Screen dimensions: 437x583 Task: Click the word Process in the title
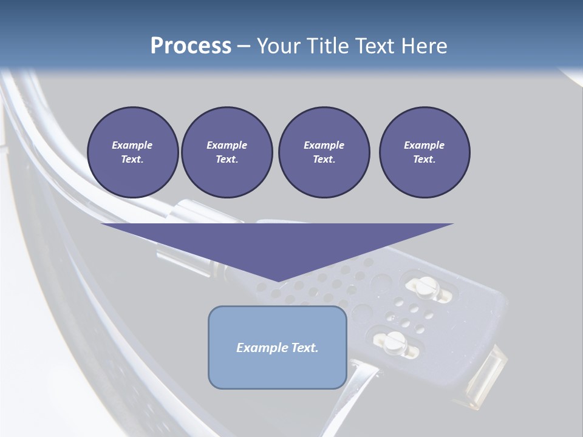(191, 46)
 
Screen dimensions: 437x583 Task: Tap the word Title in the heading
(326, 46)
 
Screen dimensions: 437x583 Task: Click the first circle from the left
(132, 152)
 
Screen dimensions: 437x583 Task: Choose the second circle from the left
(227, 152)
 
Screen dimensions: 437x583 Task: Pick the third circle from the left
(324, 152)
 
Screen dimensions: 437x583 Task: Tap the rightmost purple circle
(424, 152)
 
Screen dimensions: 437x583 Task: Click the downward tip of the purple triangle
(278, 280)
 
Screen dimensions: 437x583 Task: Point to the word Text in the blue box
(305, 348)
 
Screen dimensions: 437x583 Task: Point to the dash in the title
(244, 47)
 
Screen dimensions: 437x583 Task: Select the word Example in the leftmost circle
(132, 145)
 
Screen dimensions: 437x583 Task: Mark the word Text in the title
(374, 46)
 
